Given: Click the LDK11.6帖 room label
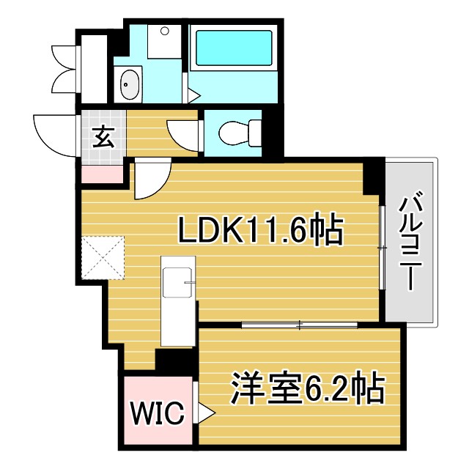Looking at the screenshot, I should coord(260,231).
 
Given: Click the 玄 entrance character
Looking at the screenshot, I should coord(104,137).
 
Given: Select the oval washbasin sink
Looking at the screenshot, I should coord(130,85).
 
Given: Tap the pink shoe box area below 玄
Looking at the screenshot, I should coord(102,174).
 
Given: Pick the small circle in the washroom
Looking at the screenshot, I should coord(164,32).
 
